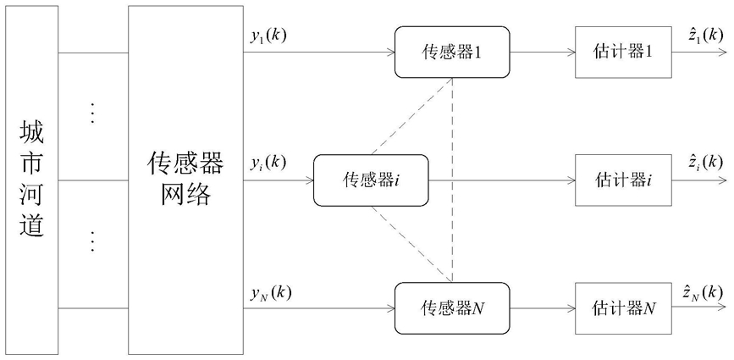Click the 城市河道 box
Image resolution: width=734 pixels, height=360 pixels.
(31, 180)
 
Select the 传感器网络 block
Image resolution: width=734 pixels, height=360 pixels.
(186, 180)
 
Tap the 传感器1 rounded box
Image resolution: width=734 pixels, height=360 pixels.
(452, 52)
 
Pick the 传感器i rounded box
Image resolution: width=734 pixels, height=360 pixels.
(371, 180)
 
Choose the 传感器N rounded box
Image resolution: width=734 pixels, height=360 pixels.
(452, 308)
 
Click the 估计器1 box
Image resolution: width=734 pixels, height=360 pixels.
(624, 52)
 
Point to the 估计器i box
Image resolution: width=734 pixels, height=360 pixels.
(624, 180)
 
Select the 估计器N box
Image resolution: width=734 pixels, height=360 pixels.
(624, 308)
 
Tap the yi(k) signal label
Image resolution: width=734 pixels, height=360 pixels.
(267, 163)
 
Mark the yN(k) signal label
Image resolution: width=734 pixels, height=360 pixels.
(270, 294)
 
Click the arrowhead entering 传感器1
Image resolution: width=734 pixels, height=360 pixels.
(390, 52)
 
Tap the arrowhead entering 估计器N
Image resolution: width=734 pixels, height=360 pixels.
(571, 308)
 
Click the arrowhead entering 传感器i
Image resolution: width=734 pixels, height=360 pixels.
(308, 180)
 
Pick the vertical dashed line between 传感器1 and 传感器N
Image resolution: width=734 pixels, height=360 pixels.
(452, 180)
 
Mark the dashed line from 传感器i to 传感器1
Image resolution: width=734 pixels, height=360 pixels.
(411, 116)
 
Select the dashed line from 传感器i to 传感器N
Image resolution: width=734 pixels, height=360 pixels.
(411, 244)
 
